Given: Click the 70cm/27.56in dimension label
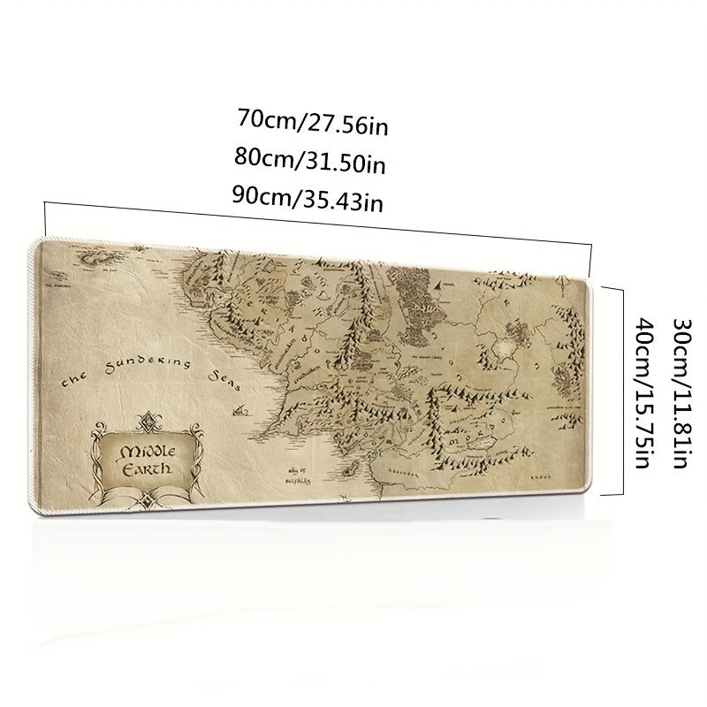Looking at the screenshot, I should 313,122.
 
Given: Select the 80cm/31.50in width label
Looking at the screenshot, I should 309,162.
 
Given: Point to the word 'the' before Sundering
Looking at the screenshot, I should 74,383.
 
